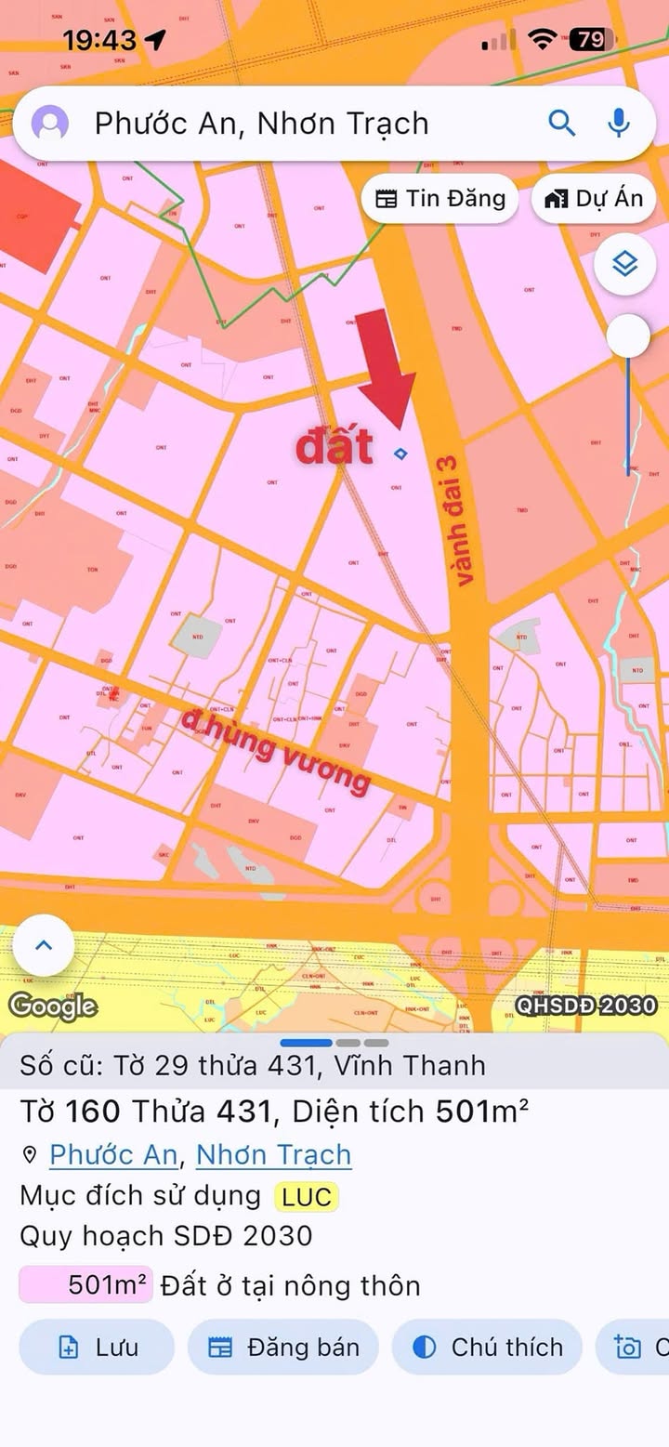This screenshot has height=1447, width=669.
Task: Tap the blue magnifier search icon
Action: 562,123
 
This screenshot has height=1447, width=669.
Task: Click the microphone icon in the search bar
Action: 618,123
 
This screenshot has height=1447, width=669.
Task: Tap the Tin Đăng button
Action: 440,198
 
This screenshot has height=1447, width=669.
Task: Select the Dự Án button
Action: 595,198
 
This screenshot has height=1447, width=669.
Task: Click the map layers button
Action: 625,265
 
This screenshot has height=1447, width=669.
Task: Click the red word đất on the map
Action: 334,447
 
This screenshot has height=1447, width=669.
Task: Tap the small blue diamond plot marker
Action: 400,454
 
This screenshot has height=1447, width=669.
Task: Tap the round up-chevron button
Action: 44,945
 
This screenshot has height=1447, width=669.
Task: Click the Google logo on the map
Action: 53,1006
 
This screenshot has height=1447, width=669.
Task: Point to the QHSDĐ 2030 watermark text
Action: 585,1005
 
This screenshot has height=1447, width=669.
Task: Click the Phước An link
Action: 112,1154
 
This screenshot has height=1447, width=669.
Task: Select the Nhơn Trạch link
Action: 274,1154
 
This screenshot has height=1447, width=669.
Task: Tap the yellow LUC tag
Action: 307,1196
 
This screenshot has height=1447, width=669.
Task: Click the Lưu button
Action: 97,1347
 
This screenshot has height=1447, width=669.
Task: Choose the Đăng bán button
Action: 283,1347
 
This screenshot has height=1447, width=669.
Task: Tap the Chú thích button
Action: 488,1347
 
